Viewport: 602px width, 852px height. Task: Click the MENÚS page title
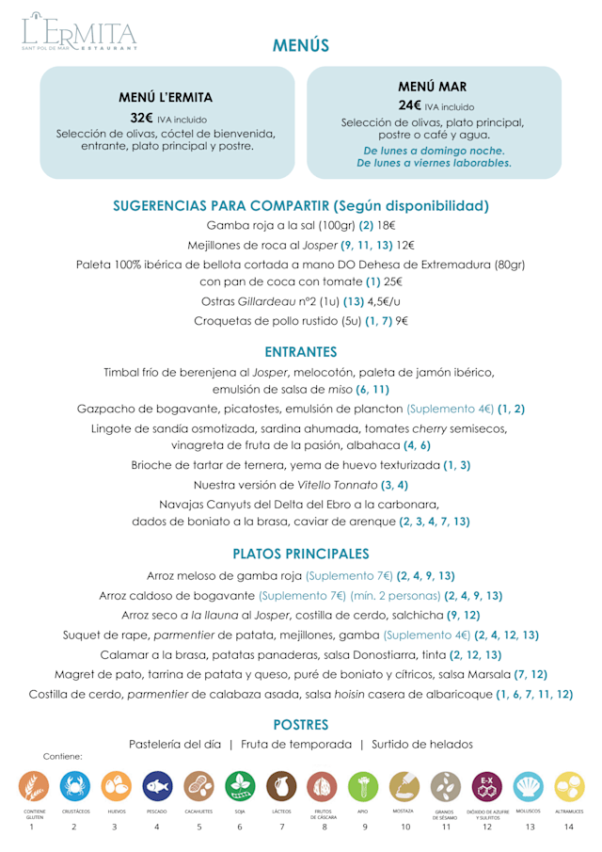301,45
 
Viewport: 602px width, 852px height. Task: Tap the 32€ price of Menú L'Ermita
142,118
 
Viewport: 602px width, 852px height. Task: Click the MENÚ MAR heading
433,86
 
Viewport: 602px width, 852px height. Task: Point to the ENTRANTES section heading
301,352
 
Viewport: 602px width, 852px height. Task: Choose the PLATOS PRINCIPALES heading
301,554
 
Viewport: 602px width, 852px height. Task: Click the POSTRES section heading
301,725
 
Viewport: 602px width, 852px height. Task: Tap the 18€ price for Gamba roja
387,225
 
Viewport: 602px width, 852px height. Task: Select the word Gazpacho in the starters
107,409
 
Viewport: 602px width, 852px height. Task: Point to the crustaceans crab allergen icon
74,786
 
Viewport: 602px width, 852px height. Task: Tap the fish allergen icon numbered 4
157,786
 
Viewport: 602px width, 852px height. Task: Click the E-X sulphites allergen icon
486,786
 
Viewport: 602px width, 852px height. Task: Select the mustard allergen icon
404,786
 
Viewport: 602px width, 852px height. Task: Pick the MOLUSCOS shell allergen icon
528,786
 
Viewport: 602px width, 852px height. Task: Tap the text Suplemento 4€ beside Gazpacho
450,409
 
